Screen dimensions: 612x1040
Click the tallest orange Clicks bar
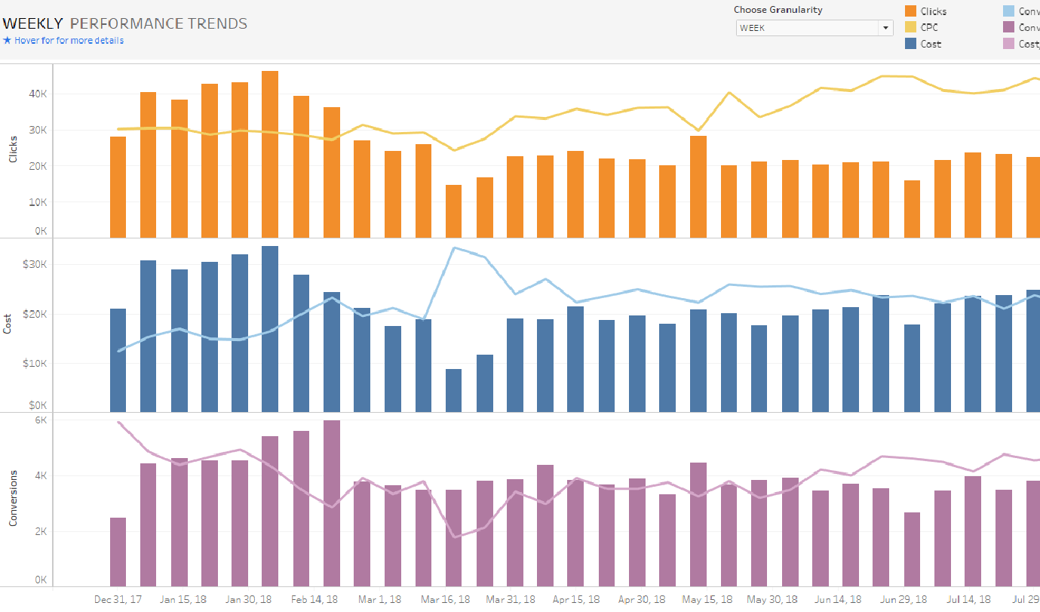coord(270,154)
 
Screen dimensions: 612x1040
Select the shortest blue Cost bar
coord(453,390)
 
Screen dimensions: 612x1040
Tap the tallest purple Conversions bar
coord(332,503)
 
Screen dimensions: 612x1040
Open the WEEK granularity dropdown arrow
coord(885,28)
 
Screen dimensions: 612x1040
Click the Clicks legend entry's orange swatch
coord(910,11)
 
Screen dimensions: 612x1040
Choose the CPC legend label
coord(929,28)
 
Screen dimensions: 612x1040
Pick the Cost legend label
coord(931,44)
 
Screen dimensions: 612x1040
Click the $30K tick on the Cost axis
coord(35,265)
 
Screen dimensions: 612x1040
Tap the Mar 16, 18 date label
coord(445,599)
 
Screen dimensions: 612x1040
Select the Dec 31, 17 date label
coord(118,599)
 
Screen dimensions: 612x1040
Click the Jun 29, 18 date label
coord(903,599)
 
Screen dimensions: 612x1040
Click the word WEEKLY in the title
coord(32,23)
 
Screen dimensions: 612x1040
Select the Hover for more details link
coord(69,41)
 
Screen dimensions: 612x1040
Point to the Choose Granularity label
coord(778,10)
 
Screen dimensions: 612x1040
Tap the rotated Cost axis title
coord(8,324)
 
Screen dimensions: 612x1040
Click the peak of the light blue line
coord(455,248)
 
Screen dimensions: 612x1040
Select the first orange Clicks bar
coord(118,187)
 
